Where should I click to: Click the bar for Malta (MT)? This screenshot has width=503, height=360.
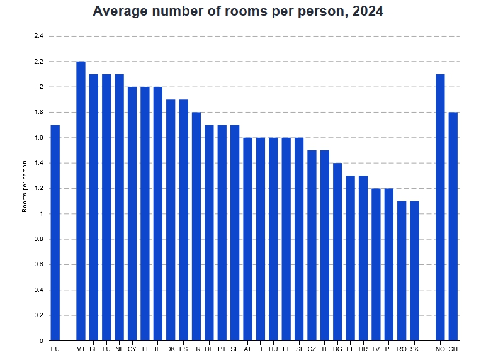click(81, 201)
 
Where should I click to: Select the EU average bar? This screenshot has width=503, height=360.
click(55, 233)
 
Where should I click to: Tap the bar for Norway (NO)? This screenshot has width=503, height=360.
click(440, 208)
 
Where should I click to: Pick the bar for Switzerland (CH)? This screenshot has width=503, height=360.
click(453, 227)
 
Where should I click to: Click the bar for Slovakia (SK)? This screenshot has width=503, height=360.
click(414, 271)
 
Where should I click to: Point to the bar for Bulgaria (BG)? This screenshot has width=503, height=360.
click(337, 252)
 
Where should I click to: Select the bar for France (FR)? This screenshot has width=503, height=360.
click(196, 227)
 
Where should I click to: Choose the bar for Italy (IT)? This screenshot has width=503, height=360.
click(324, 245)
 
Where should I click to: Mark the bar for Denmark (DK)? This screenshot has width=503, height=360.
click(171, 220)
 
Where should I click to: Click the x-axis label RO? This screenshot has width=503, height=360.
click(402, 348)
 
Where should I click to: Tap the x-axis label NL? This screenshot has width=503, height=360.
click(119, 348)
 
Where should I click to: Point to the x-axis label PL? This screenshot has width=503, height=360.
click(388, 348)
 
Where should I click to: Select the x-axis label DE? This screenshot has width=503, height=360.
click(209, 348)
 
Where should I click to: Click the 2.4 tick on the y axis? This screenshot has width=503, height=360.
click(38, 36)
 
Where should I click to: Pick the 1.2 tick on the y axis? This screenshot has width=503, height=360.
click(38, 189)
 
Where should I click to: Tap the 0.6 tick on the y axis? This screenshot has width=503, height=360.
click(38, 265)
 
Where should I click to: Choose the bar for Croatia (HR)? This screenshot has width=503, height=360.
click(363, 258)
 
